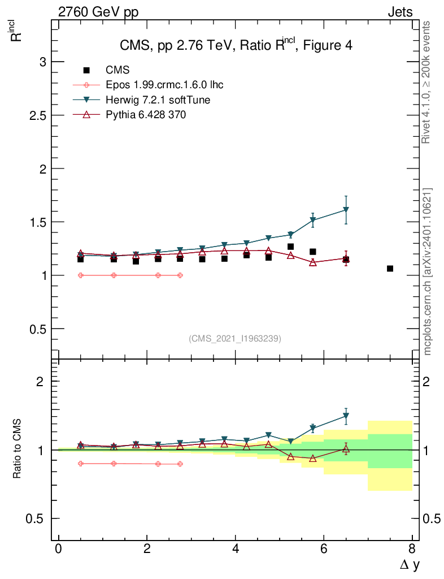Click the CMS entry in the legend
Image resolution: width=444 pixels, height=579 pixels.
pos(117,70)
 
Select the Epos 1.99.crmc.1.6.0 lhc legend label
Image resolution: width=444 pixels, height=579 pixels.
pos(164,85)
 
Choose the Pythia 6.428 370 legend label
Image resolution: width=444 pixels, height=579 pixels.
pos(146,115)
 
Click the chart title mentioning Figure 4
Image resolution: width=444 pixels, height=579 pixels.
pos(236,45)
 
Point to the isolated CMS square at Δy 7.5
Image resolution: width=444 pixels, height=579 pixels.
pos(390,269)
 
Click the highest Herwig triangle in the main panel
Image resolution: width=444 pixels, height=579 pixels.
pos(346,210)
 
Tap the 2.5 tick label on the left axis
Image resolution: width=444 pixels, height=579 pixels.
pos(37,115)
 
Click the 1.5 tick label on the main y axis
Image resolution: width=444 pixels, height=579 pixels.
pos(37,222)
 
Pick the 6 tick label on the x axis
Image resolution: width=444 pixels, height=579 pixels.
pos(324,549)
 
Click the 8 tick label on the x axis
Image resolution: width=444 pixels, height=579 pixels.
pos(412,549)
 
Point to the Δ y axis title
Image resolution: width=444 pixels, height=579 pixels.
pos(409,564)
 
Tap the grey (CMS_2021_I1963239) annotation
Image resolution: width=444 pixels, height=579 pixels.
pos(235,339)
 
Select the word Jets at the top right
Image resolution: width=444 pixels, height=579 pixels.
pos(399,12)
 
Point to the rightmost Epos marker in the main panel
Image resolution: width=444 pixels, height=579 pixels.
pos(180,275)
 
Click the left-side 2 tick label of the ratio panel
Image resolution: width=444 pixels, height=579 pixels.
pos(40,382)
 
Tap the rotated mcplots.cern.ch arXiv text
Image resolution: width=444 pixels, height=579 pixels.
pos(428,271)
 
